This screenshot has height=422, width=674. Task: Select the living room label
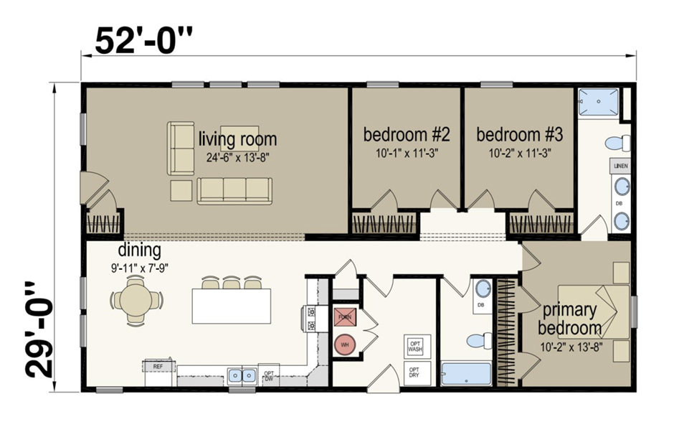tap(237, 138)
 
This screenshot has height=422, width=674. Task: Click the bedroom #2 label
tap(406, 134)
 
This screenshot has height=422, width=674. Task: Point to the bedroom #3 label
tap(518, 134)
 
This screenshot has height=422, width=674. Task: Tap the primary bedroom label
tap(570, 319)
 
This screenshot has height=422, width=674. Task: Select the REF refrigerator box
tap(159, 367)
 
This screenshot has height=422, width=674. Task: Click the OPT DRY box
tap(414, 371)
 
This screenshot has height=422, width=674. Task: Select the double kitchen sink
tap(242, 375)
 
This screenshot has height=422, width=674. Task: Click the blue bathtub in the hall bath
tap(465, 374)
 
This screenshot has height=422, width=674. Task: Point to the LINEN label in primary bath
tap(621, 166)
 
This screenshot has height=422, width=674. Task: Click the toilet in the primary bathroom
tap(617, 143)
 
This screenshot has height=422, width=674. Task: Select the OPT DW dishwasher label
tap(269, 375)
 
